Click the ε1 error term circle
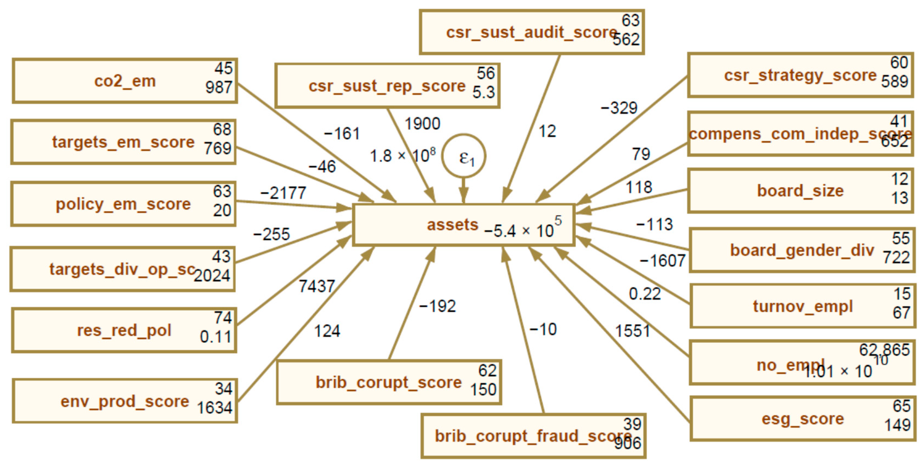tap(464, 156)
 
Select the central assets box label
tap(453, 225)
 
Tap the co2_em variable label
tap(125, 81)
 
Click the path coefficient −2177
tap(283, 193)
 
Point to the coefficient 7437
tap(317, 286)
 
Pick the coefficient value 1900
tap(422, 124)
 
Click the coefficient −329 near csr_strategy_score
tap(619, 108)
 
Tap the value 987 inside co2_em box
tap(219, 87)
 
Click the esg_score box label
tap(803, 419)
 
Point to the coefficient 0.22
tap(645, 294)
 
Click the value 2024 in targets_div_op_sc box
tap(212, 275)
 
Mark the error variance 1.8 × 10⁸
tap(402, 156)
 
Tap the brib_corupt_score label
tap(388, 382)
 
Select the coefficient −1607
tap(662, 260)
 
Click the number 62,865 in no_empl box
tap(884, 350)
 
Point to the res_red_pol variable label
tap(124, 330)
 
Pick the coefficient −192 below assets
tap(437, 306)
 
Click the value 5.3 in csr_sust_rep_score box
tap(483, 92)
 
